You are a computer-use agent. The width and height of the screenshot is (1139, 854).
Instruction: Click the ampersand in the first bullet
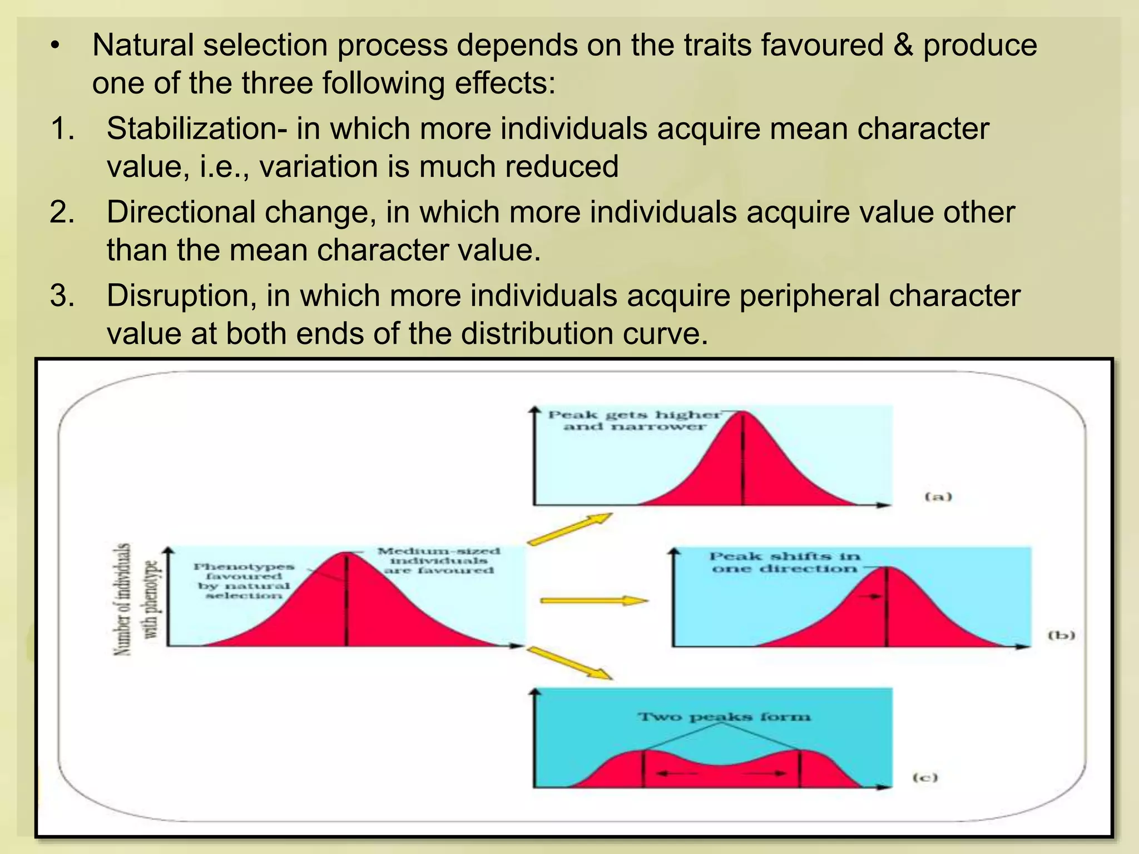903,46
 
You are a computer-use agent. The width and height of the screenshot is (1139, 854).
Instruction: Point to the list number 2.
62,212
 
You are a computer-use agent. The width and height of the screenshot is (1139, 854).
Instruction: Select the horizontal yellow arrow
594,600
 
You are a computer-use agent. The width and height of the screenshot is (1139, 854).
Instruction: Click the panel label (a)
938,496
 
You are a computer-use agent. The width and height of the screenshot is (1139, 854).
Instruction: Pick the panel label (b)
1061,635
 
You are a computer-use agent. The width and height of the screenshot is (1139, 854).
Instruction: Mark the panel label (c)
925,777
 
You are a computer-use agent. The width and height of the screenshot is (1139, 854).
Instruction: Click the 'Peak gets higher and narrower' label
635,421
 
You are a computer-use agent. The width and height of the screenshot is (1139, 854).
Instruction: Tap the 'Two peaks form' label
724,717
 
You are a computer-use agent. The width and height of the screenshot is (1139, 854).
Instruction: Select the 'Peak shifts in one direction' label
785,562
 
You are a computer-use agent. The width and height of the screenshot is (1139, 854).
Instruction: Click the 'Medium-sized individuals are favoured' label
439,560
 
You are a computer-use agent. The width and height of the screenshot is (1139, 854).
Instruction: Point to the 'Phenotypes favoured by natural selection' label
244,581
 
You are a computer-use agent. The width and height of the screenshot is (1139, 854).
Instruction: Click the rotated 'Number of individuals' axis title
123,599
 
